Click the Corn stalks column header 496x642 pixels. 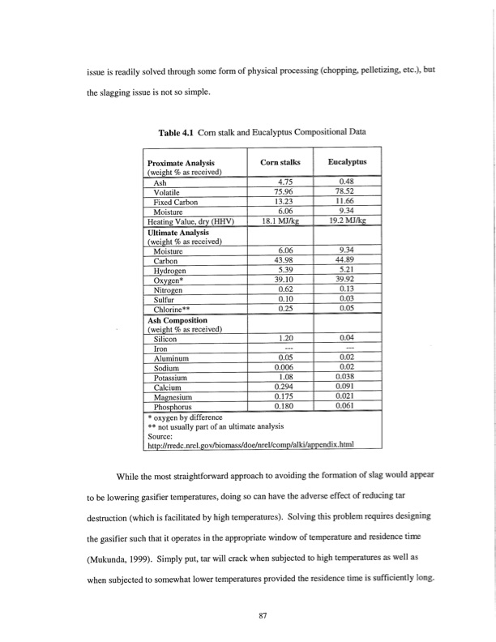click(284, 162)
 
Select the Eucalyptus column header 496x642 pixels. click(348, 162)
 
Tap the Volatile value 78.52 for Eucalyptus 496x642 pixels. click(348, 191)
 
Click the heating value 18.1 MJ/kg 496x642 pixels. click(284, 220)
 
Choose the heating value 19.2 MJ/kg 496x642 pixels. click(348, 220)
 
